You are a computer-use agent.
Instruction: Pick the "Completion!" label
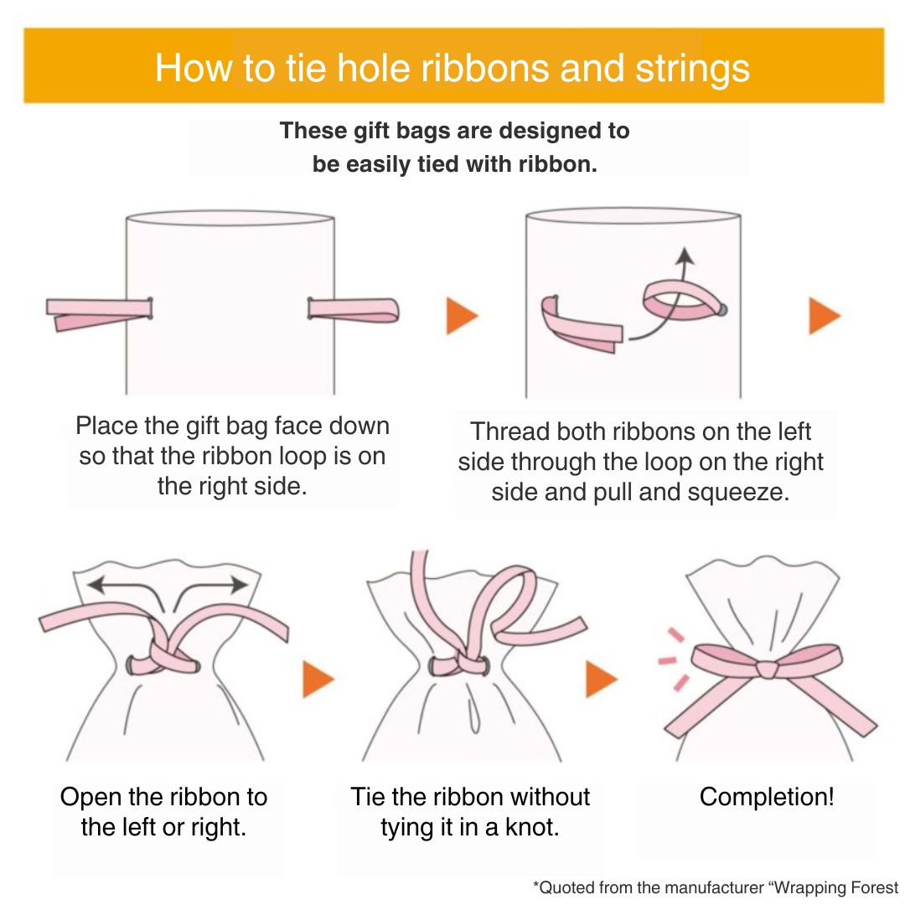(767, 797)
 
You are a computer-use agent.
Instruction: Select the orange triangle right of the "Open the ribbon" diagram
(318, 680)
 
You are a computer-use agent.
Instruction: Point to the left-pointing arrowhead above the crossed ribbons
(96, 585)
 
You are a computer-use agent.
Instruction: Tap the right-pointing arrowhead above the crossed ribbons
(239, 585)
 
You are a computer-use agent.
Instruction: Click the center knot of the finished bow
(767, 670)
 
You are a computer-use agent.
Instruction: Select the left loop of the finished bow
(724, 661)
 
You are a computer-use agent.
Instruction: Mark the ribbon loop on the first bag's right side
(354, 309)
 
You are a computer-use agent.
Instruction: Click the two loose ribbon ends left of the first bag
(99, 314)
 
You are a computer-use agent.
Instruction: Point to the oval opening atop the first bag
(230, 218)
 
